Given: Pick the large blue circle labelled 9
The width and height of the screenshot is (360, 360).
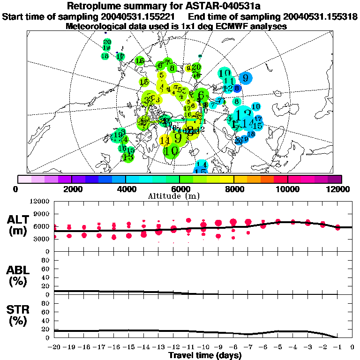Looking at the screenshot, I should click(245, 78).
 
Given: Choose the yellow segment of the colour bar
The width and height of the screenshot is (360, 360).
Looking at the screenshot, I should click(227, 179).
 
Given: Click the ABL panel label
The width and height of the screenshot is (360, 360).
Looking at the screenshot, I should click(19, 276).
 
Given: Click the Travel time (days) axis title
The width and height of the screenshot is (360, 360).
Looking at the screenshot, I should click(205, 355).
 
